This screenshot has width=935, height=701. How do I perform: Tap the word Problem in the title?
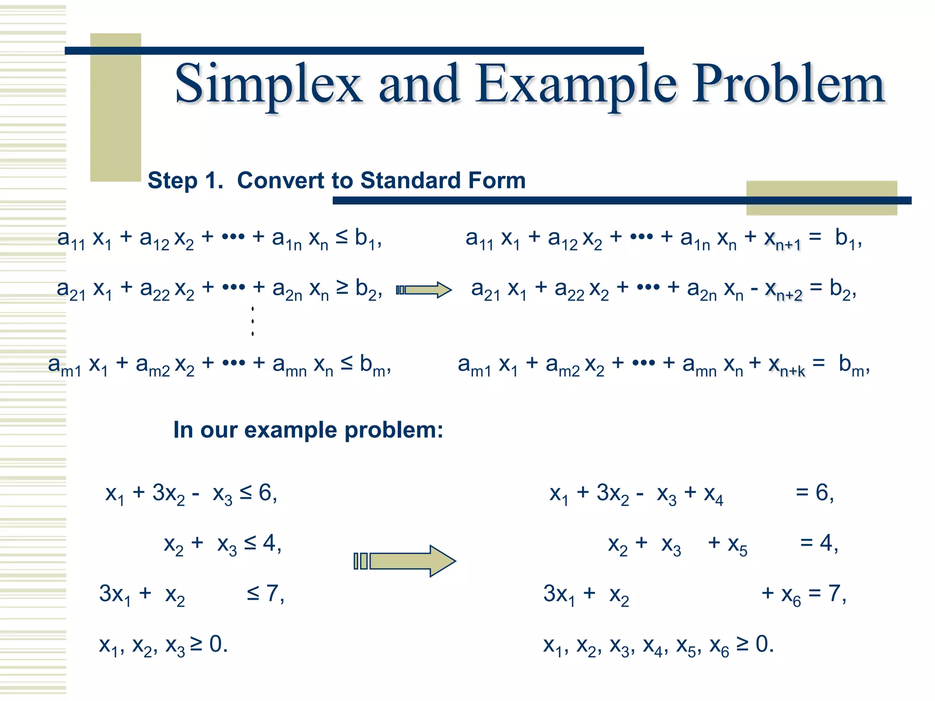(788, 84)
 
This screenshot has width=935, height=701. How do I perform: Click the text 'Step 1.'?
(185, 180)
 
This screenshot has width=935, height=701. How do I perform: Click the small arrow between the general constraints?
(424, 290)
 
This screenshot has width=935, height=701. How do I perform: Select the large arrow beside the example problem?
(404, 561)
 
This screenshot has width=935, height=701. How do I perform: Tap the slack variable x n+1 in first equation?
(783, 240)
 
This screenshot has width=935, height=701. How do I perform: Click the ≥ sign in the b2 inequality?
(342, 287)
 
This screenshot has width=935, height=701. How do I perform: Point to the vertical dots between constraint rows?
(252, 321)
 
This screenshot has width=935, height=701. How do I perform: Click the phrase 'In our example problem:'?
(308, 430)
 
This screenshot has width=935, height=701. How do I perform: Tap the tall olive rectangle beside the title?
(116, 107)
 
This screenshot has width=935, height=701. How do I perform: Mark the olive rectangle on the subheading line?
(821, 198)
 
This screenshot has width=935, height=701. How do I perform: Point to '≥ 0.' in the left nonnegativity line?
(209, 644)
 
